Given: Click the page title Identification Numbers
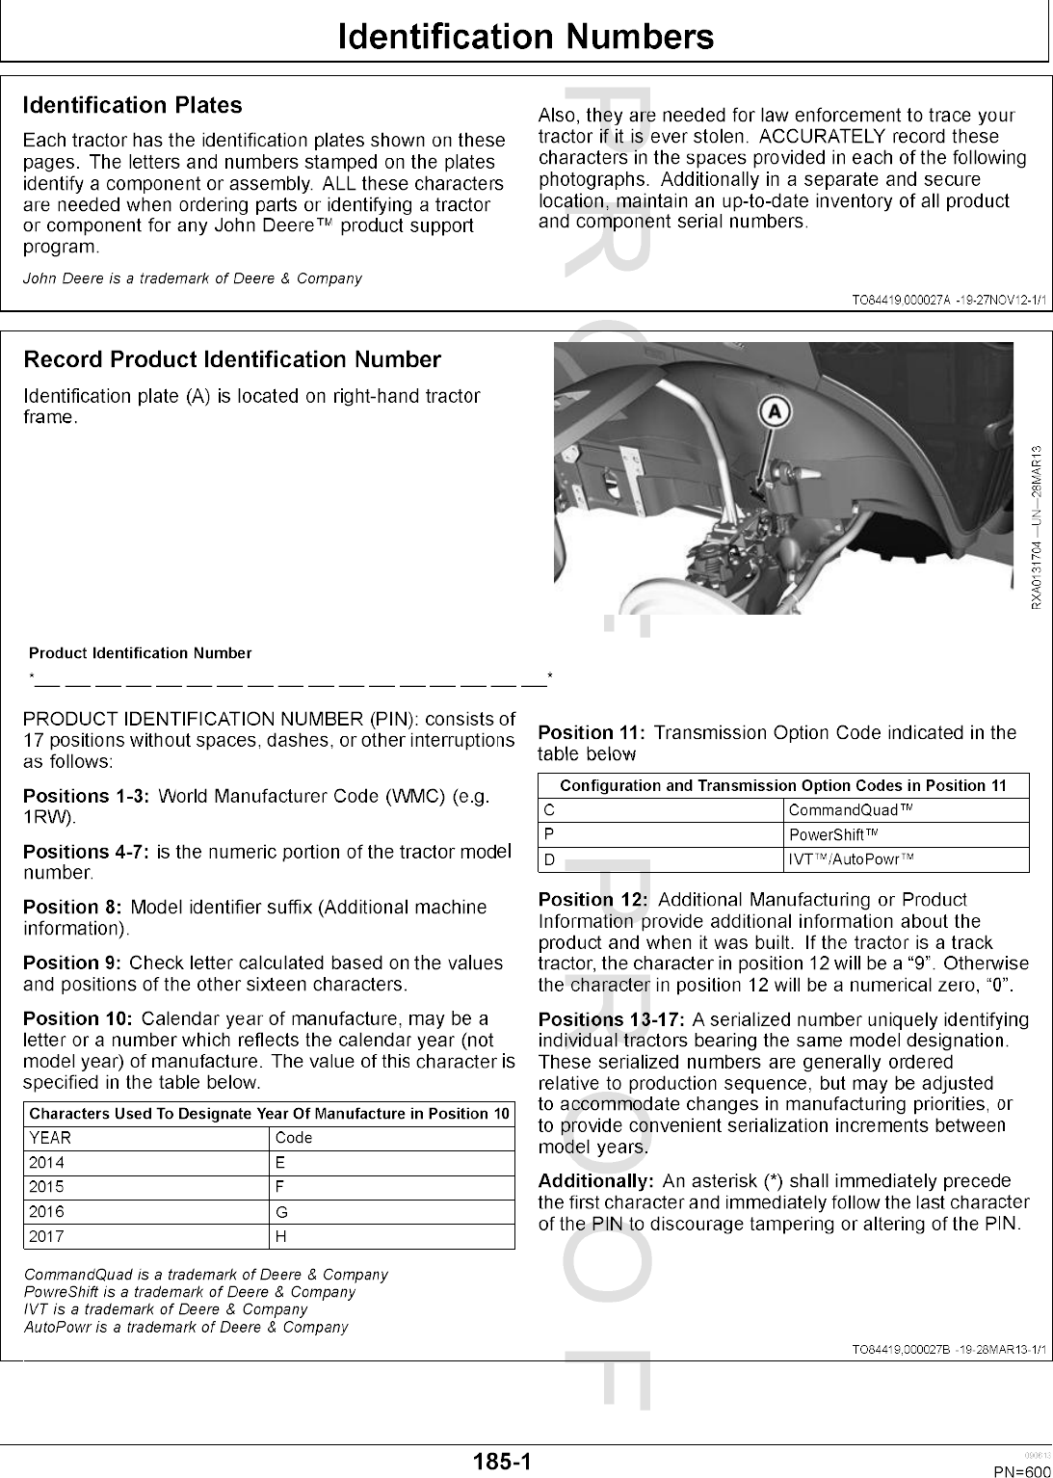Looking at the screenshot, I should point(526,37).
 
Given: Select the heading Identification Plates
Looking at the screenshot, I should point(132,105).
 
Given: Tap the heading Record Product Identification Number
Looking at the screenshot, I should point(231,359).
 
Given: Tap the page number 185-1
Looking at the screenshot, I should point(502,1462).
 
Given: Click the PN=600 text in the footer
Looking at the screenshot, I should point(1021,1471).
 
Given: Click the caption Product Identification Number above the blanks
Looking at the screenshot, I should point(141,653).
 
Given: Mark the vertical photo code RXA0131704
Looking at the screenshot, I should point(1036,572).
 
